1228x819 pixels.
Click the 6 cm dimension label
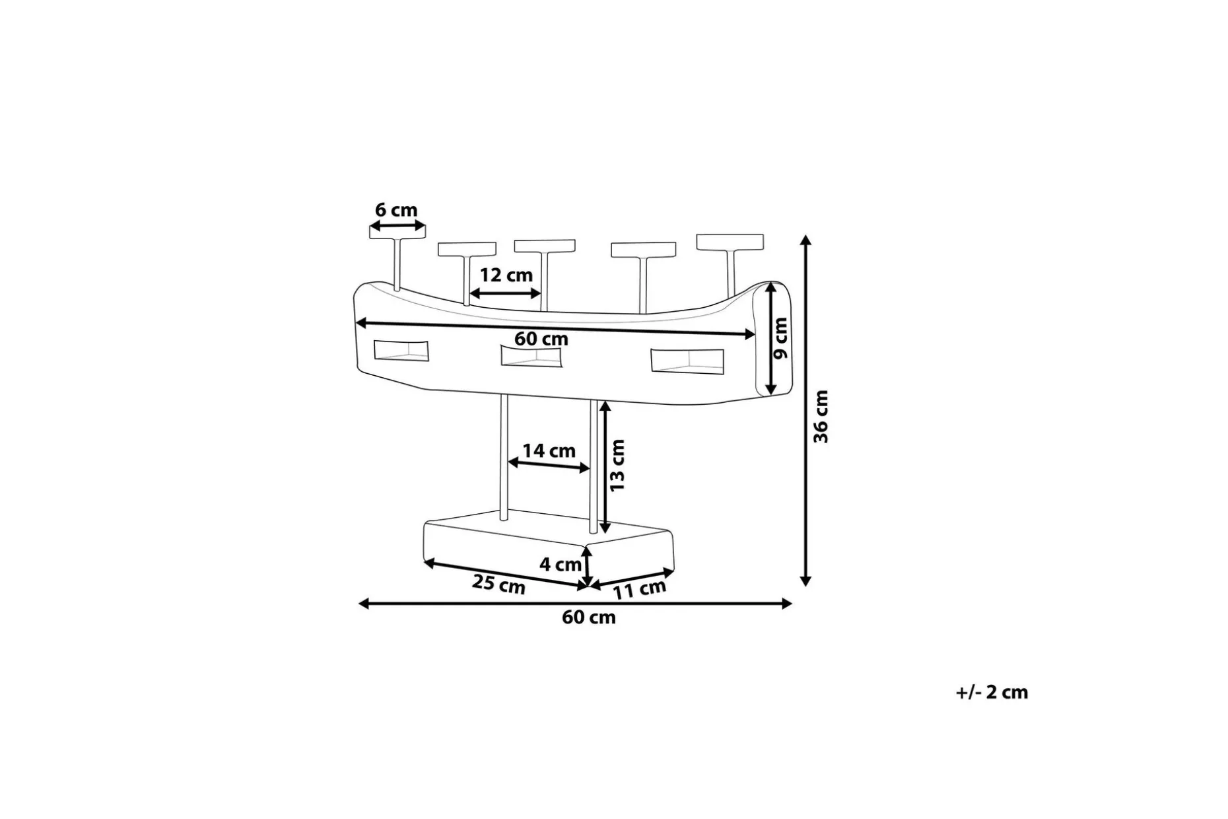tap(396, 210)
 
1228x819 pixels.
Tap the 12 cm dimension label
tap(506, 275)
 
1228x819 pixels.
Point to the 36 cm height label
tap(821, 416)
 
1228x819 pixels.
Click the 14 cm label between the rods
tap(549, 450)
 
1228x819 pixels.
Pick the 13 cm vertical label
tap(617, 466)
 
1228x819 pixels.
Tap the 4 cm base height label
tap(561, 564)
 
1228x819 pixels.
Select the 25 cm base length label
tap(498, 585)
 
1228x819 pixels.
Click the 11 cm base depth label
tap(639, 589)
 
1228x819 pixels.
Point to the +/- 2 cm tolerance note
tap(992, 692)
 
